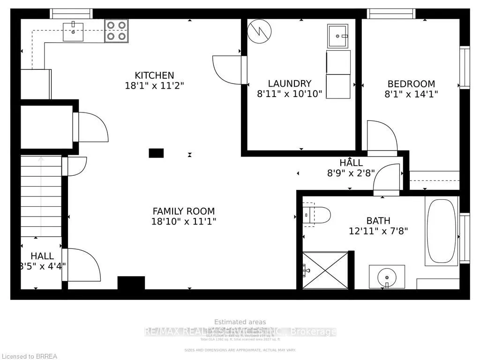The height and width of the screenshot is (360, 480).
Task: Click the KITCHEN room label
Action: (x=154, y=75)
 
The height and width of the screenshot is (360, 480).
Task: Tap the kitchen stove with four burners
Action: (x=116, y=31)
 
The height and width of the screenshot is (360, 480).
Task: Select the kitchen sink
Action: (x=73, y=31)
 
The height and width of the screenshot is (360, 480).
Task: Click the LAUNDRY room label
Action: (x=290, y=83)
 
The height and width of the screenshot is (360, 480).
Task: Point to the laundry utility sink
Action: (x=338, y=36)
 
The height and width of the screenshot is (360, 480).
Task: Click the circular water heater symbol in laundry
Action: (x=259, y=31)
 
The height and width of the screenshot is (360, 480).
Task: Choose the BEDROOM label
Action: (x=411, y=84)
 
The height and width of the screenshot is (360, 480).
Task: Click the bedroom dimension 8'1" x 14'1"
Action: (x=411, y=94)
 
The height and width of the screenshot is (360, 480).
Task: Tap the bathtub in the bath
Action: (x=441, y=231)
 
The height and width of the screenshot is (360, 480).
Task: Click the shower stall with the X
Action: (x=325, y=270)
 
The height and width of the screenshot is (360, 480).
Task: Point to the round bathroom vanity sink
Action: (x=386, y=276)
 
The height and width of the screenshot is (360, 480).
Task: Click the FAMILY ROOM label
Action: (x=183, y=211)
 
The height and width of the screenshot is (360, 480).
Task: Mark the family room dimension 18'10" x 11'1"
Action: (x=183, y=221)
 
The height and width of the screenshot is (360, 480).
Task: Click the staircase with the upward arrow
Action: (x=41, y=197)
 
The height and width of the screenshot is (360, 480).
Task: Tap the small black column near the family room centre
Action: (x=156, y=153)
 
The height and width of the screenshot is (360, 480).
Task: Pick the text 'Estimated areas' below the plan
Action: (x=240, y=322)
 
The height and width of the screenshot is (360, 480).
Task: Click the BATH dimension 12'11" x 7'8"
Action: (x=379, y=231)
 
